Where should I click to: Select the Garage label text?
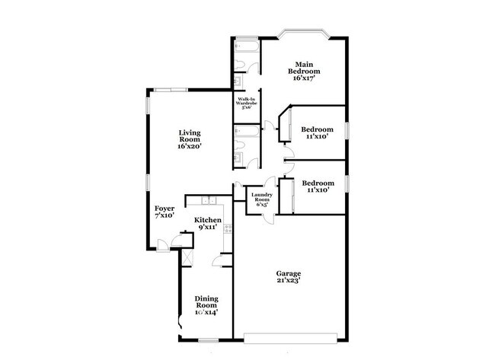(289, 273)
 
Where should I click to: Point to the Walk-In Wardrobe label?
(247, 101)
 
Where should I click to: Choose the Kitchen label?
(207, 219)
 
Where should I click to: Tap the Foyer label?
(164, 209)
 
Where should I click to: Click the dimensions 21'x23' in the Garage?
(289, 282)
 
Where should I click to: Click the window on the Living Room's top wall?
(166, 91)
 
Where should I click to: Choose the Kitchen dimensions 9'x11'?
(207, 227)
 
